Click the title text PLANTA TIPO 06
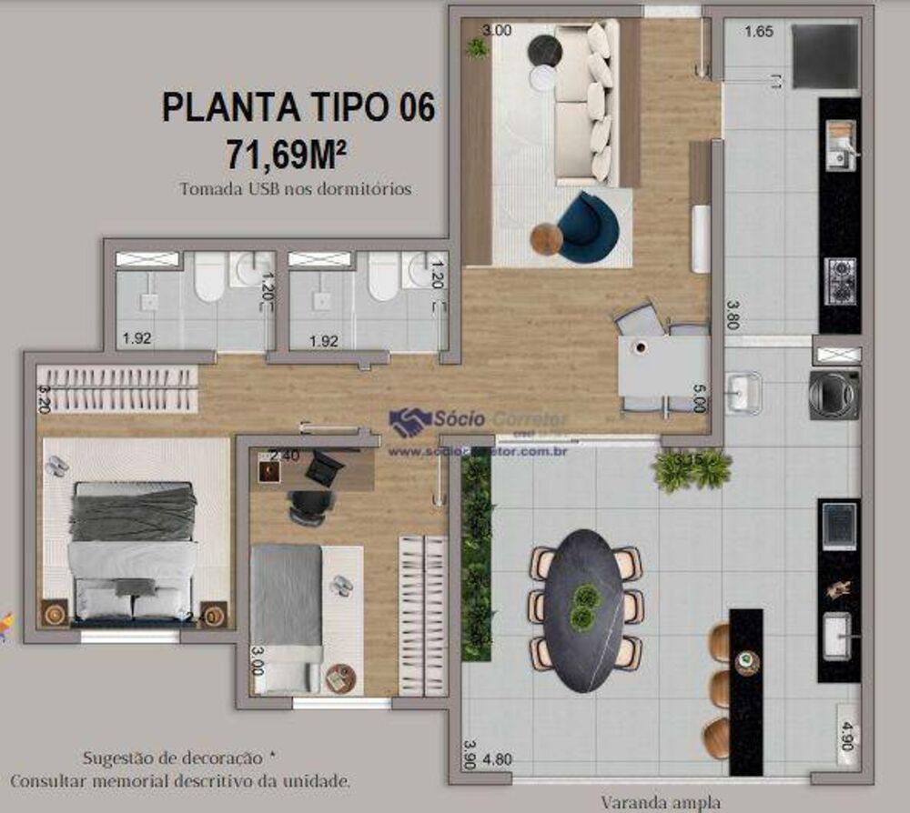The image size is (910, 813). pos(298,106)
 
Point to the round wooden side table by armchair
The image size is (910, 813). pos(547,239)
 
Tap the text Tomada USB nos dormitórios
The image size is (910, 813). pos(296,189)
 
